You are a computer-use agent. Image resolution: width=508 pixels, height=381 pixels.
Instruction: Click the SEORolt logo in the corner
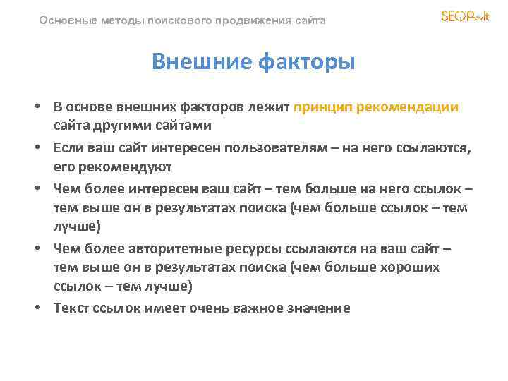pyautogui.click(x=464, y=16)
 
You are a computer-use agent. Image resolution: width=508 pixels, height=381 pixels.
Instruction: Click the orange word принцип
pyautogui.click(x=324, y=107)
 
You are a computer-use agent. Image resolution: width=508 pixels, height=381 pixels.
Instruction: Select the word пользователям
pyautogui.click(x=284, y=149)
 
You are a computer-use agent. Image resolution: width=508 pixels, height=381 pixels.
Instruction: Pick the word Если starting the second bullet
pyautogui.click(x=69, y=149)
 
